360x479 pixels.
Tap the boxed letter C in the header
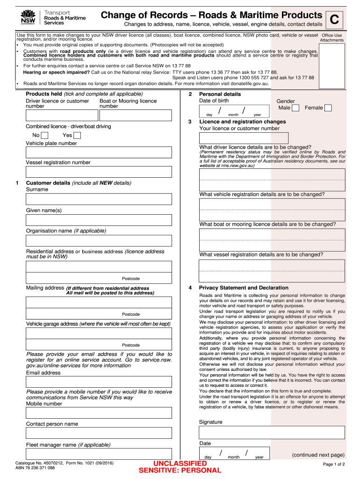334,20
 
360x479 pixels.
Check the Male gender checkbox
295,108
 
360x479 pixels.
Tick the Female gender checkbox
328,108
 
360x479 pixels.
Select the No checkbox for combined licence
45,136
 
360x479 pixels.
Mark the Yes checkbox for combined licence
77,136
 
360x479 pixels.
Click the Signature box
272,432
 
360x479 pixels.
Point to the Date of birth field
234,111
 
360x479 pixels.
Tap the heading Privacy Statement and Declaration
244,288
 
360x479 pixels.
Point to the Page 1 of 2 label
333,464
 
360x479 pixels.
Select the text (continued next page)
318,455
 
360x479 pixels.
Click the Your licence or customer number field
244,138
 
